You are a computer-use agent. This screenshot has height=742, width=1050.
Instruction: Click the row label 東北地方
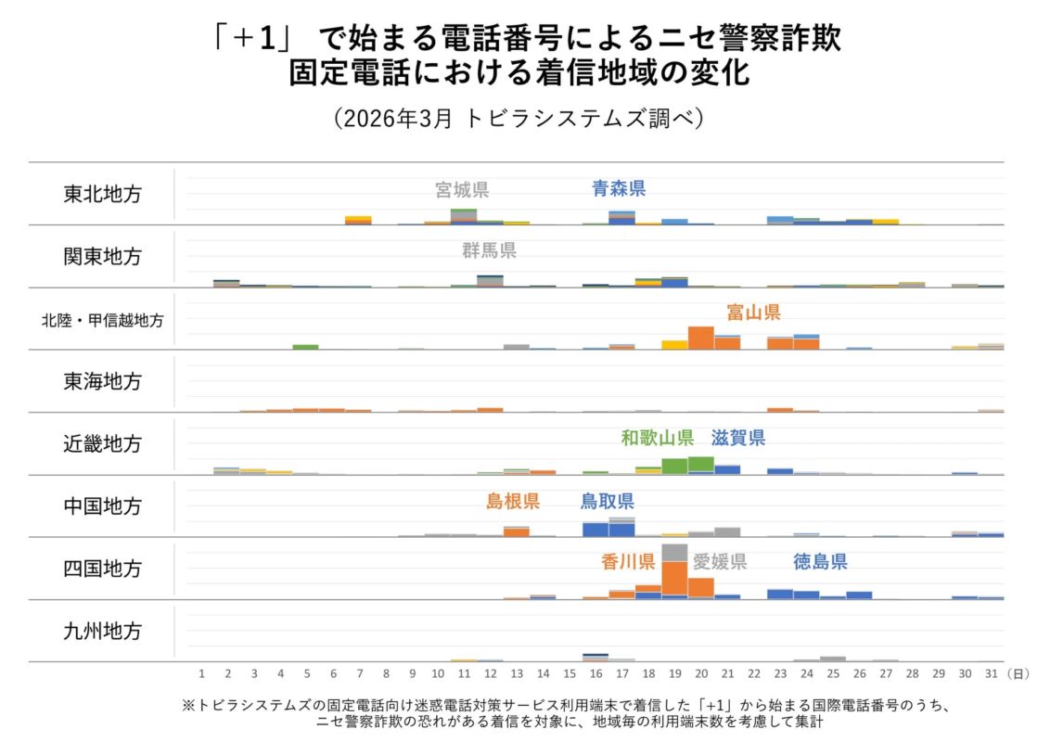[x=102, y=195]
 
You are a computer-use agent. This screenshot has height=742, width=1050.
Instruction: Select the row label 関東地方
[x=102, y=257]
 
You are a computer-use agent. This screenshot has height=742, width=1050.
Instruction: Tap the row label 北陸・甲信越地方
[x=102, y=320]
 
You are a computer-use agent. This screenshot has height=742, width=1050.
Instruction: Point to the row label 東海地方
[x=102, y=381]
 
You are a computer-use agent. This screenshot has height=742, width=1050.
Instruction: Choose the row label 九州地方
[x=102, y=632]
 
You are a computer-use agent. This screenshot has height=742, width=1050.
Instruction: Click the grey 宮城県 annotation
[x=462, y=190]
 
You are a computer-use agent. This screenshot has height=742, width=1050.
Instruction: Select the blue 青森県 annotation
[x=619, y=189]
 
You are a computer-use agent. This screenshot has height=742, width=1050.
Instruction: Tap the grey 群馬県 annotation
[x=489, y=250]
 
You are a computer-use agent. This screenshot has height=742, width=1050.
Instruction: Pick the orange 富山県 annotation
[x=753, y=313]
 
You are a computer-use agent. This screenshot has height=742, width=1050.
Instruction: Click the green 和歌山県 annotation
[x=658, y=438]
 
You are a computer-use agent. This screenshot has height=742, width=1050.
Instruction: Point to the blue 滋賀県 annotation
[x=738, y=438]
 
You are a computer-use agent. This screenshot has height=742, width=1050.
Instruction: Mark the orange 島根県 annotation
[x=513, y=502]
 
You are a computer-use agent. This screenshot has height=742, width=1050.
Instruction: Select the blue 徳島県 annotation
[x=820, y=562]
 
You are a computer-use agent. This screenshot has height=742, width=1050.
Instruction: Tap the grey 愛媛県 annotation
[x=720, y=562]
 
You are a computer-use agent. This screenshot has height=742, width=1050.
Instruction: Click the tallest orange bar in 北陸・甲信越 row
[x=701, y=338]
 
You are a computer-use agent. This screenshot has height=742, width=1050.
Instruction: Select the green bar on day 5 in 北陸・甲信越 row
[x=305, y=347]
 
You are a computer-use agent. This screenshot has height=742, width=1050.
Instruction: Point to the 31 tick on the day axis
[x=991, y=672]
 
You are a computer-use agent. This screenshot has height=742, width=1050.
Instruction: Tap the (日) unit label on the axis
[x=1018, y=672]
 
